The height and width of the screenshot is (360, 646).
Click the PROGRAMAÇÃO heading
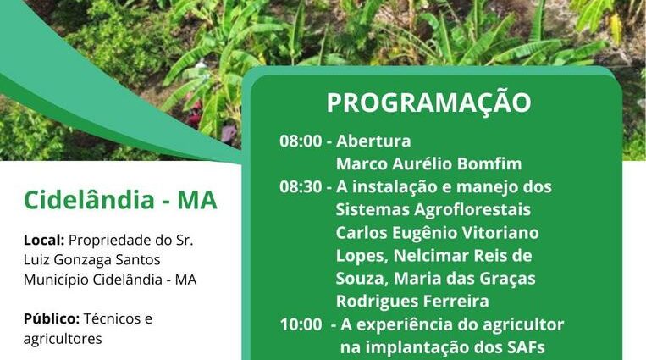click(x=429, y=102)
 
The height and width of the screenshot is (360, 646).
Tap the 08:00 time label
click(x=301, y=141)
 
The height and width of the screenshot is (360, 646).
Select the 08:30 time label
click(x=301, y=187)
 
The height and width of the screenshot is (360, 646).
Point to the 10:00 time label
click(x=301, y=324)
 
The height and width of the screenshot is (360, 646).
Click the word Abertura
click(x=373, y=141)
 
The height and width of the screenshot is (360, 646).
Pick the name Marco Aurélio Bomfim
click(x=429, y=164)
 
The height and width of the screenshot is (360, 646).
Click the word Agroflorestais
click(x=472, y=209)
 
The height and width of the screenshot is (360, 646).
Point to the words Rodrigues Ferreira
click(x=412, y=302)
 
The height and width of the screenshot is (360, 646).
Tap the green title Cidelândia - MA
click(x=120, y=201)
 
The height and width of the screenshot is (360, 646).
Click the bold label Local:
click(x=44, y=240)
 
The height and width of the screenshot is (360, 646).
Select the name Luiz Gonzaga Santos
click(x=92, y=260)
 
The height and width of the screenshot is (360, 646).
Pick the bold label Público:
click(x=52, y=318)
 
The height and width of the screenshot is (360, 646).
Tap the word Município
click(x=56, y=280)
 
